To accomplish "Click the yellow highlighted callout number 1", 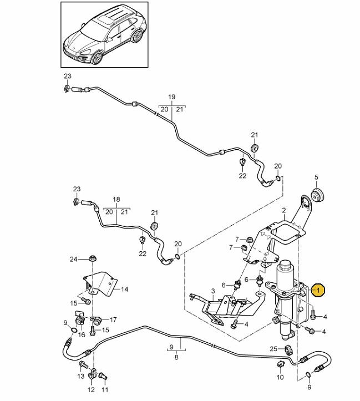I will point(318,290).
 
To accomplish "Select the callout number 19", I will point(171,97).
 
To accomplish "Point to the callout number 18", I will point(116,199).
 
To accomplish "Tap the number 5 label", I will point(317,177).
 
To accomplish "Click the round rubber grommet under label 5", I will point(318,195).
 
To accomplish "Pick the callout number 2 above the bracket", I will point(283,211).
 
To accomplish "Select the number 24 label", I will point(73,258).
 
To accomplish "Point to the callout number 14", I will point(124,289).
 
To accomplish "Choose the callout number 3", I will point(212,291).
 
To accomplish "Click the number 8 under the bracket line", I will point(176,358).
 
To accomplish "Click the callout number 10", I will point(280,377).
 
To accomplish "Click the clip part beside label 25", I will point(288,349).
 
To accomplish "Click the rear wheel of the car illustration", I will point(136,36).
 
